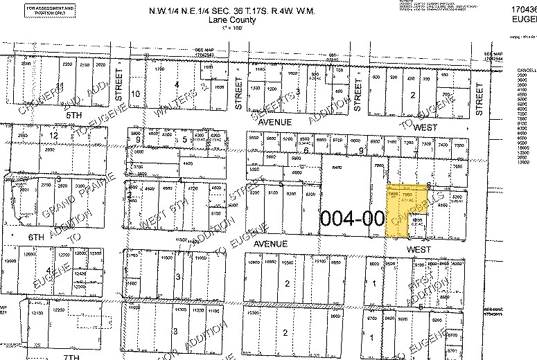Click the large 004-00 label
coord(353,218)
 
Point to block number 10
coord(136,93)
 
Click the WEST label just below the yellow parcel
coord(419,249)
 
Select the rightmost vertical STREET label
coord(479,97)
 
